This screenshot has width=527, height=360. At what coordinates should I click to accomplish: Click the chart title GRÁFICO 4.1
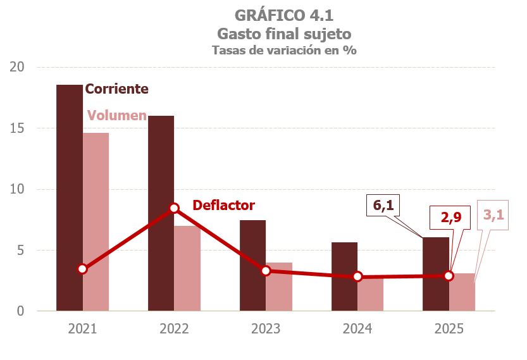click(283, 15)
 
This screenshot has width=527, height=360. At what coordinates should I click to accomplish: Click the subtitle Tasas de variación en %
click(283, 51)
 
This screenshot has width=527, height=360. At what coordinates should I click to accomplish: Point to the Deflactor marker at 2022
click(174, 208)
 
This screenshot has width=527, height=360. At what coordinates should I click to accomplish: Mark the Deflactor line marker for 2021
click(82, 269)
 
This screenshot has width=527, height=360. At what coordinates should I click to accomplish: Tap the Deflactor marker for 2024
click(357, 276)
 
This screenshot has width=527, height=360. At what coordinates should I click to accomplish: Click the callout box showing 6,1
click(384, 206)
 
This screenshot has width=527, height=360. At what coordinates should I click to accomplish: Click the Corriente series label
click(116, 89)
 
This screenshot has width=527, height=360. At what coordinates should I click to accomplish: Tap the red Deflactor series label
click(223, 206)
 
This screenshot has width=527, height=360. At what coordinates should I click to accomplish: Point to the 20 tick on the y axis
click(18, 67)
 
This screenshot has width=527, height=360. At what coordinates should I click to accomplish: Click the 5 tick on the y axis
click(20, 251)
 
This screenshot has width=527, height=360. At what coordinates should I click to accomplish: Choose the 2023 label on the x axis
click(266, 330)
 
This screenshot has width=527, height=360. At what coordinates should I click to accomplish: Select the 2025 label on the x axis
click(449, 330)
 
